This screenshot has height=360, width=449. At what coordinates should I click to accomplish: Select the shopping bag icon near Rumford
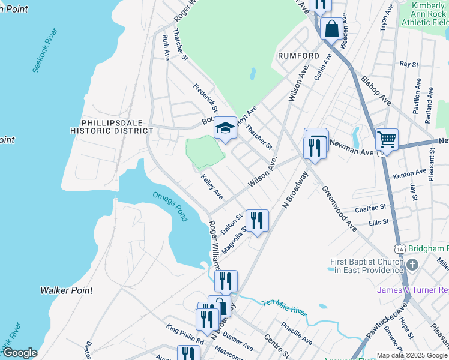click(331, 28)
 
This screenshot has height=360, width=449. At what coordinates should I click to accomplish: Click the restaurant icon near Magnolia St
click(257, 220)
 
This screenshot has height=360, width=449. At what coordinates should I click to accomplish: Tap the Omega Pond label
click(169, 206)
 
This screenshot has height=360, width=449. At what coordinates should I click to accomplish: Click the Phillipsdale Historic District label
click(112, 125)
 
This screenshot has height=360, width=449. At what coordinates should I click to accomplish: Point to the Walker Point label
click(67, 290)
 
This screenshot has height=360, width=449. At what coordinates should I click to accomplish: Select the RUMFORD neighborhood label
click(298, 56)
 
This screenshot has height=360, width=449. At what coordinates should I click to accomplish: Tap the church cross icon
click(412, 265)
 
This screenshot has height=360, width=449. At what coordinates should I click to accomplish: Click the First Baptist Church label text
click(367, 266)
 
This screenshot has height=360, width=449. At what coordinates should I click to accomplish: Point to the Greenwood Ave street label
click(339, 208)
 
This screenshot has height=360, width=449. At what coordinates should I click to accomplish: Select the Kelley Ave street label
click(212, 187)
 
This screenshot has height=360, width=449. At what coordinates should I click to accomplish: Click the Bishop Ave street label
click(376, 91)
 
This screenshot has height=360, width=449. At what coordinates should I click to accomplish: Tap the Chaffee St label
click(370, 209)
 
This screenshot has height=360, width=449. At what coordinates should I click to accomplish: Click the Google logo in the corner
click(19, 353)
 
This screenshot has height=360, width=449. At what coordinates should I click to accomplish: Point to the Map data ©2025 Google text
click(412, 355)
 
